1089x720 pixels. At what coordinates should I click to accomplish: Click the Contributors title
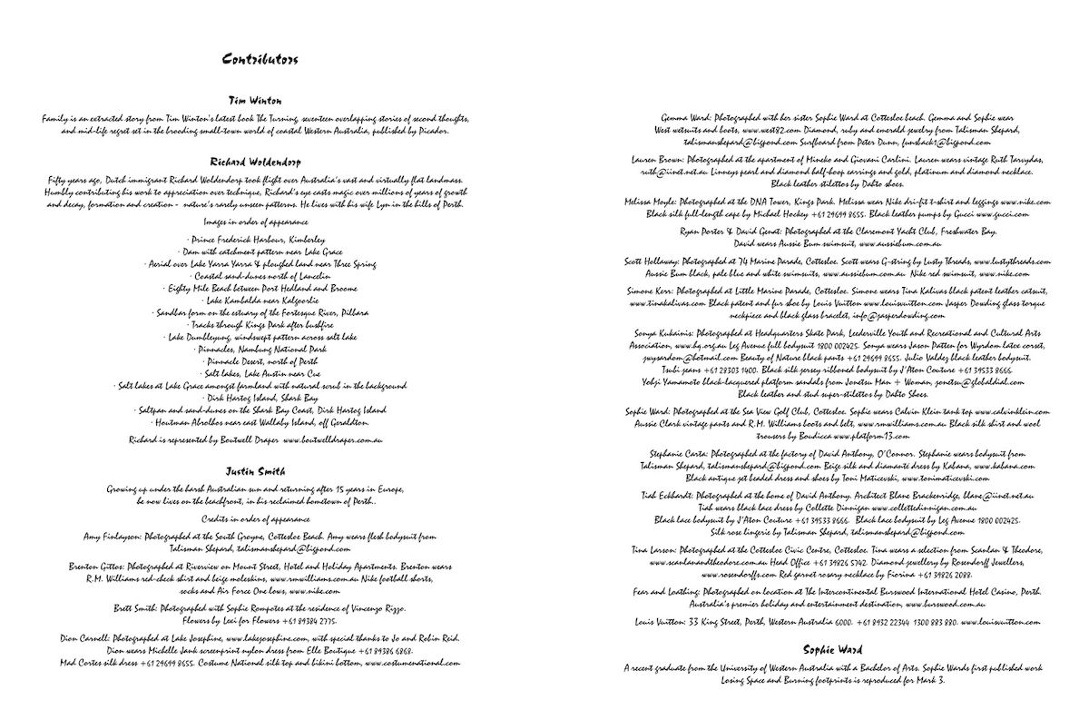click(260, 60)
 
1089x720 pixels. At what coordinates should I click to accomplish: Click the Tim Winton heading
click(255, 100)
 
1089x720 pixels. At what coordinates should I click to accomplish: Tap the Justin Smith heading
click(255, 471)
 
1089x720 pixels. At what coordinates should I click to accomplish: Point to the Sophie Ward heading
click(831, 649)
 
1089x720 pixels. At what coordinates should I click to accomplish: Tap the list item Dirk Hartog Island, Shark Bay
click(257, 398)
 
